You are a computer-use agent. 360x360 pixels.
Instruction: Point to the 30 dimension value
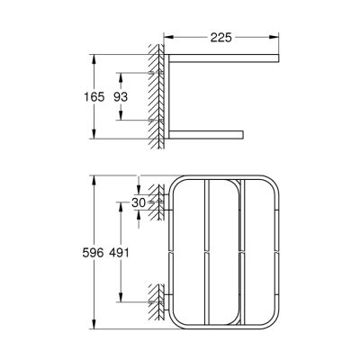point(138,202)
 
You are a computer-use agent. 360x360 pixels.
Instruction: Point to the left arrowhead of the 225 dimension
point(168,39)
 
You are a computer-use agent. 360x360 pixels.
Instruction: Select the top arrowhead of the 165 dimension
point(93,56)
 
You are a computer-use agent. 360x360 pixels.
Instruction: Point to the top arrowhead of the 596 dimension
point(93,178)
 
